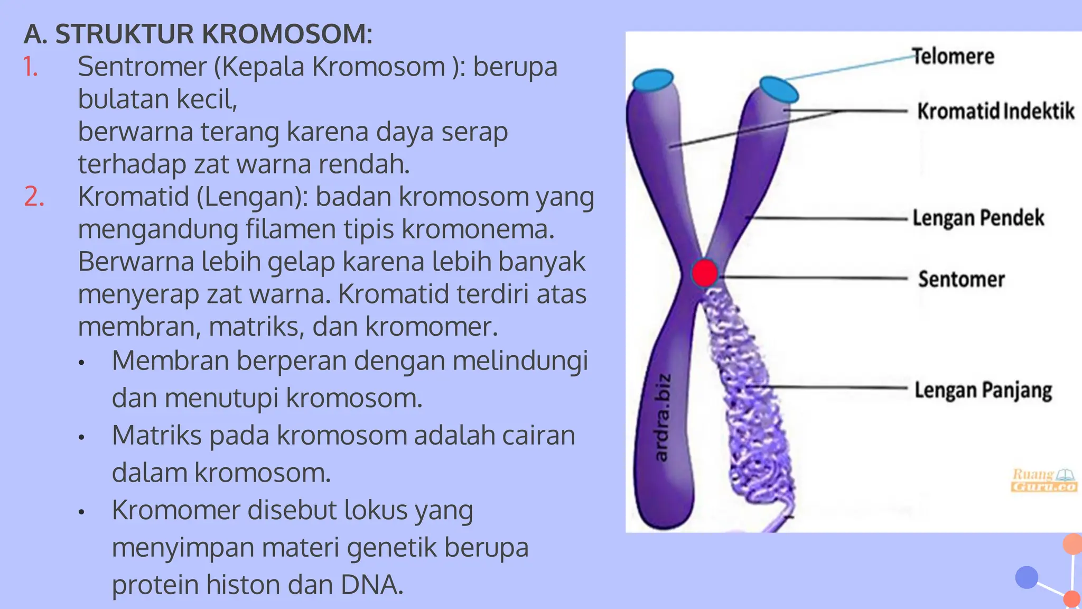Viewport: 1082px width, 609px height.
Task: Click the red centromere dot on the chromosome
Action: [704, 273]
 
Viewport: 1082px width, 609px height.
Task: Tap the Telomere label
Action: [954, 57]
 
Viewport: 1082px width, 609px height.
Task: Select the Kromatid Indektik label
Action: [996, 111]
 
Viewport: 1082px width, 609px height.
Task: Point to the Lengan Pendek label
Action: [978, 218]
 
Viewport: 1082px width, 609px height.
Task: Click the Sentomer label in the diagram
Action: [962, 279]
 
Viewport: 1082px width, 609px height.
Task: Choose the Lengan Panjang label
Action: [983, 390]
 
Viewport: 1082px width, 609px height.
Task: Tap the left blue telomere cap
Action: [653, 80]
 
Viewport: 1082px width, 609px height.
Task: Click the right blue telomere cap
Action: [779, 89]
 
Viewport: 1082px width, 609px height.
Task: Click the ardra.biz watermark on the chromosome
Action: [662, 417]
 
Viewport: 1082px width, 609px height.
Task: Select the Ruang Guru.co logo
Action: [1044, 480]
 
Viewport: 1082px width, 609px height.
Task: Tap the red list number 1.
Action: [31, 67]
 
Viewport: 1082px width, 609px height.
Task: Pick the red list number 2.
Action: [34, 197]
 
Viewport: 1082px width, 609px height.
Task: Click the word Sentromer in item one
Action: [142, 67]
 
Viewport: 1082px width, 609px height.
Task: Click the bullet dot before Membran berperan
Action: [81, 363]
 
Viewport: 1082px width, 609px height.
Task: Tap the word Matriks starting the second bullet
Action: [157, 436]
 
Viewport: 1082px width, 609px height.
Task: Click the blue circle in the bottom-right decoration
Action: [1027, 577]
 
